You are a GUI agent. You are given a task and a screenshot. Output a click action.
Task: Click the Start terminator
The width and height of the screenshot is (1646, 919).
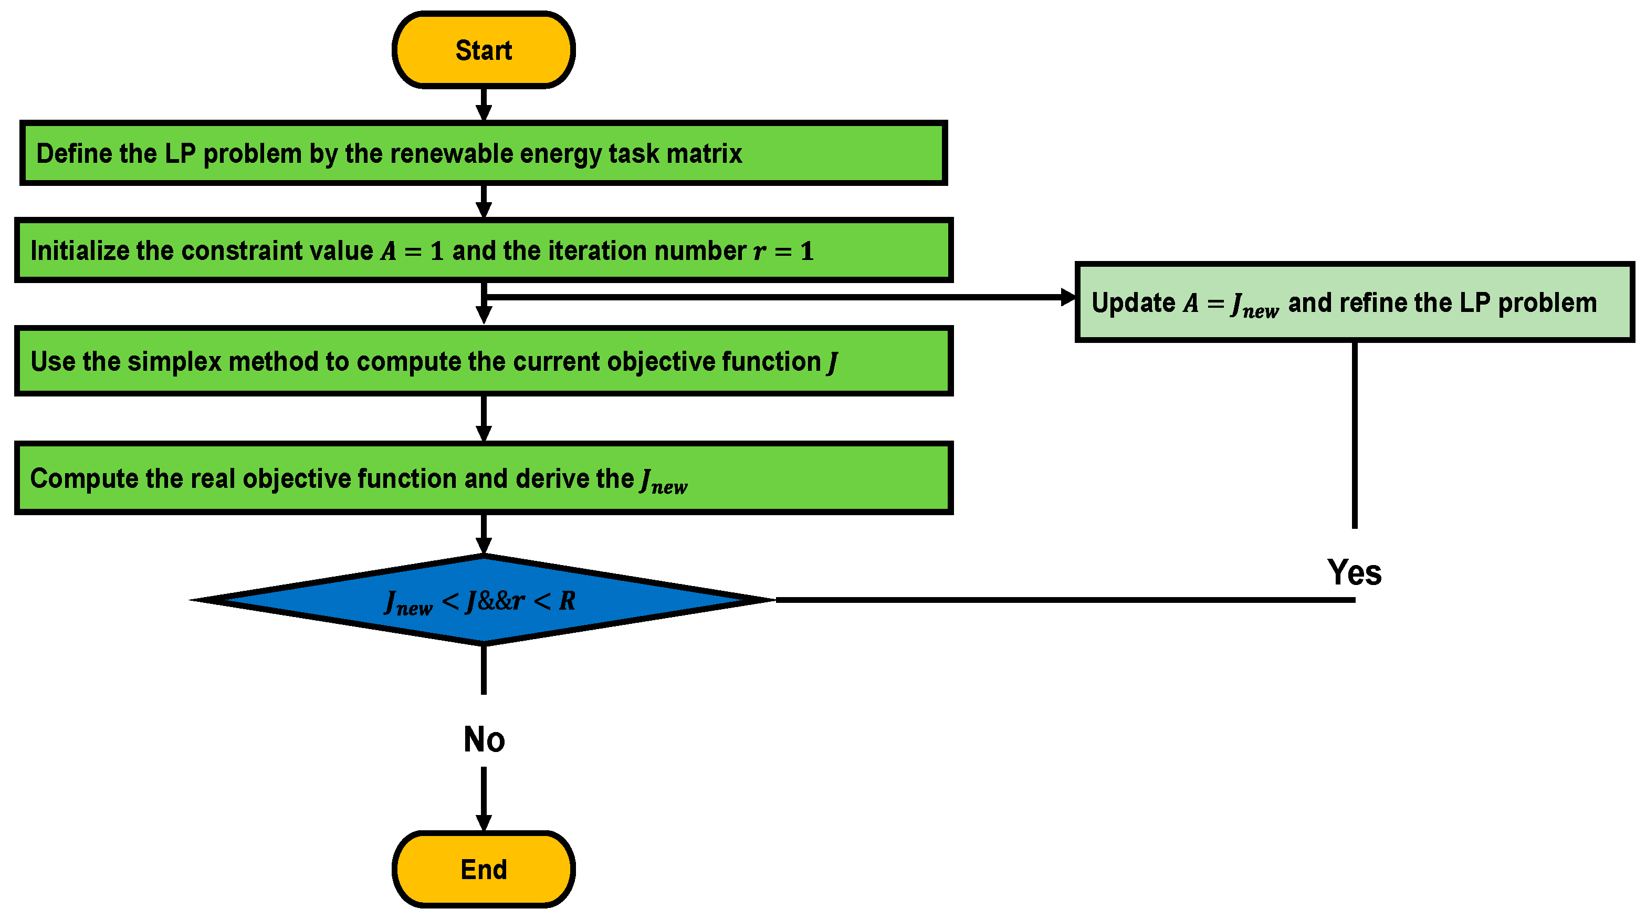[x=483, y=50]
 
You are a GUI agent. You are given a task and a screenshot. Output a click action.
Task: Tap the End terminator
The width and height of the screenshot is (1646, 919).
[x=483, y=869]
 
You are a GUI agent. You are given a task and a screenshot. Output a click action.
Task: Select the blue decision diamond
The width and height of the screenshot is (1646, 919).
[x=483, y=600]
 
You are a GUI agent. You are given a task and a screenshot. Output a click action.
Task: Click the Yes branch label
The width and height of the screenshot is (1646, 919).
[x=1354, y=572]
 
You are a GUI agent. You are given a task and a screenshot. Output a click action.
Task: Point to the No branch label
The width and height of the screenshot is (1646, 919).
[x=484, y=739]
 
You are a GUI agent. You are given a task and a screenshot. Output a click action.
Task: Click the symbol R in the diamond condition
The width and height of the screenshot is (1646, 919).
[x=567, y=601]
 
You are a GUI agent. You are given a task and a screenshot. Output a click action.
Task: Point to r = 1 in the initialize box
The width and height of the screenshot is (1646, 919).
[x=783, y=251]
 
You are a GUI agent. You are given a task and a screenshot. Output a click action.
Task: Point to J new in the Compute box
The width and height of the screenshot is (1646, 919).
[x=663, y=481]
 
